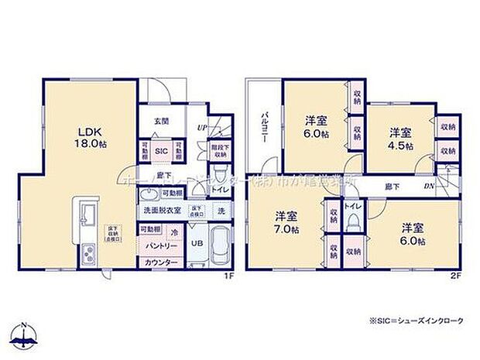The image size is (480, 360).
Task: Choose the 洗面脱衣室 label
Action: coord(161,211)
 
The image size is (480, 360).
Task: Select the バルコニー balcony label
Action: coord(263,124)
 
